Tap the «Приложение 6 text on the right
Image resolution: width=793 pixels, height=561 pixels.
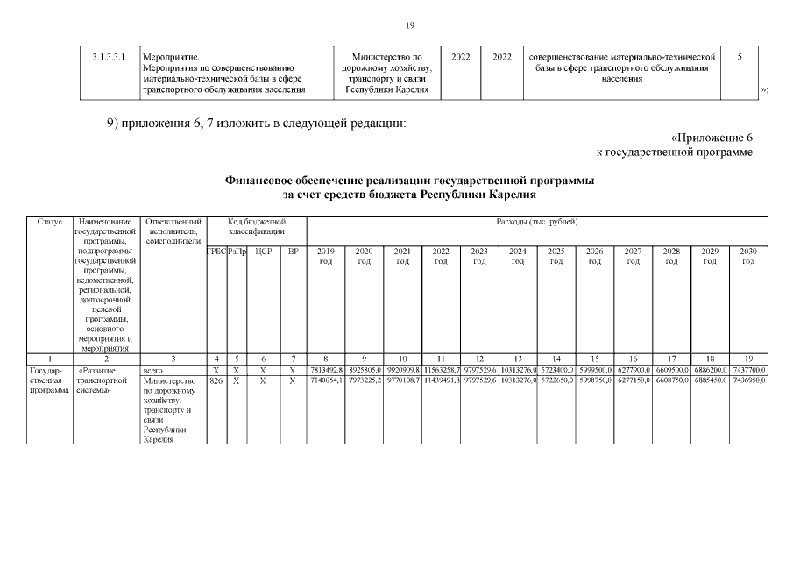coord(712,138)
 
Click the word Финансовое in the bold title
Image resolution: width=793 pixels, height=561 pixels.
coord(265,180)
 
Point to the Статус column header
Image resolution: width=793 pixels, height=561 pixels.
coord(49,222)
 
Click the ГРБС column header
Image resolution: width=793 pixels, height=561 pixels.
coord(216,252)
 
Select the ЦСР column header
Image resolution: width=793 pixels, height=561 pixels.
coord(261,252)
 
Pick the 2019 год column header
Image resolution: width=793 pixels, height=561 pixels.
coord(325,256)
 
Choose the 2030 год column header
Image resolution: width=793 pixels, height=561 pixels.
coord(747,256)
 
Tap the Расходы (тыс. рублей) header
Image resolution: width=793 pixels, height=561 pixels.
coord(536,222)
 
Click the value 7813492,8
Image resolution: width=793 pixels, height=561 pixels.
coord(326,371)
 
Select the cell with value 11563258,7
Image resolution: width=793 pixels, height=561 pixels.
coord(441,371)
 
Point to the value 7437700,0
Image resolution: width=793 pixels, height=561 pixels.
coord(747,371)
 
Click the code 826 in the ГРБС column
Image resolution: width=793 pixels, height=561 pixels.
coord(216,381)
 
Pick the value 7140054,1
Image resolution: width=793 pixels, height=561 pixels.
coord(326,381)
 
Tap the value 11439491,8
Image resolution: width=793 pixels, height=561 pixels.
coord(441,381)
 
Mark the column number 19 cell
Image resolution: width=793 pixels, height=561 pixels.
coord(747,359)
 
